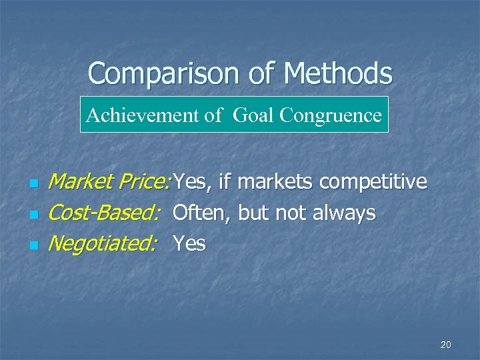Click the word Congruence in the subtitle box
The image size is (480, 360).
click(331, 115)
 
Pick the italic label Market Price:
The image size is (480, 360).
click(111, 181)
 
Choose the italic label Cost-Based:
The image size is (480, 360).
click(105, 213)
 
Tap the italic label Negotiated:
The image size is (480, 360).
click(103, 245)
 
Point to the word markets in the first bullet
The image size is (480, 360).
click(277, 181)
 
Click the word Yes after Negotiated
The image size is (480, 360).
click(189, 244)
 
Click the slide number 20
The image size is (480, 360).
click(446, 345)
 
